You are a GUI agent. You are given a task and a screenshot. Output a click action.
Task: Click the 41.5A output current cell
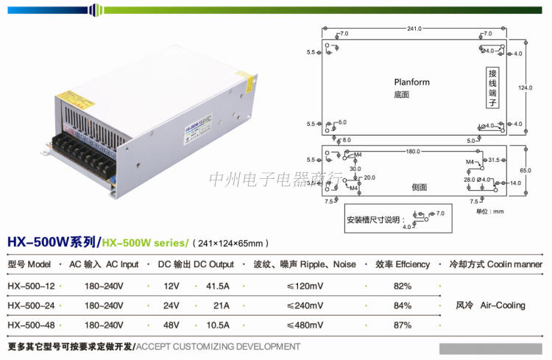point(218,285)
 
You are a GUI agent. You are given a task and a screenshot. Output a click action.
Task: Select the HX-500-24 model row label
point(31,305)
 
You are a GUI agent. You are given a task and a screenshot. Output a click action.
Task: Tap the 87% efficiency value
point(402,325)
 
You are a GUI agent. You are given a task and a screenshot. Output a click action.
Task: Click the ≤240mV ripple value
point(304,305)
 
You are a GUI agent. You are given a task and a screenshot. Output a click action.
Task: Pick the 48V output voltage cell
point(171,325)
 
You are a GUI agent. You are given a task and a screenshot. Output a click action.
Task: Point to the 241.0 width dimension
point(414,29)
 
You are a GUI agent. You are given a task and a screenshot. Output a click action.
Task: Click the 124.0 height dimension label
point(524,88)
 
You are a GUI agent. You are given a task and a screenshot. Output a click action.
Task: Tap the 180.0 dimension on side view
point(412,152)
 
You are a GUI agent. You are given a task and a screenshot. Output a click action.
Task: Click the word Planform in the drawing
point(411,82)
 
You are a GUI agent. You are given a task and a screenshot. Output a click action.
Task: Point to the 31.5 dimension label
point(493,160)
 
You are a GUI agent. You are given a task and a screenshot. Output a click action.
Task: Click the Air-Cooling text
point(503,305)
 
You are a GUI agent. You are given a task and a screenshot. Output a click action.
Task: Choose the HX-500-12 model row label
point(31,285)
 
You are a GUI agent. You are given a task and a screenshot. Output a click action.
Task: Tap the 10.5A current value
point(218,325)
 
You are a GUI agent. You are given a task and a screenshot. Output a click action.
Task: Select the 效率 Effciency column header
point(402,264)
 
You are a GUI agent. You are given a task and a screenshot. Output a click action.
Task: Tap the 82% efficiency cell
point(402,285)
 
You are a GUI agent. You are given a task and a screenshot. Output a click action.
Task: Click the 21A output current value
point(222,305)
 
